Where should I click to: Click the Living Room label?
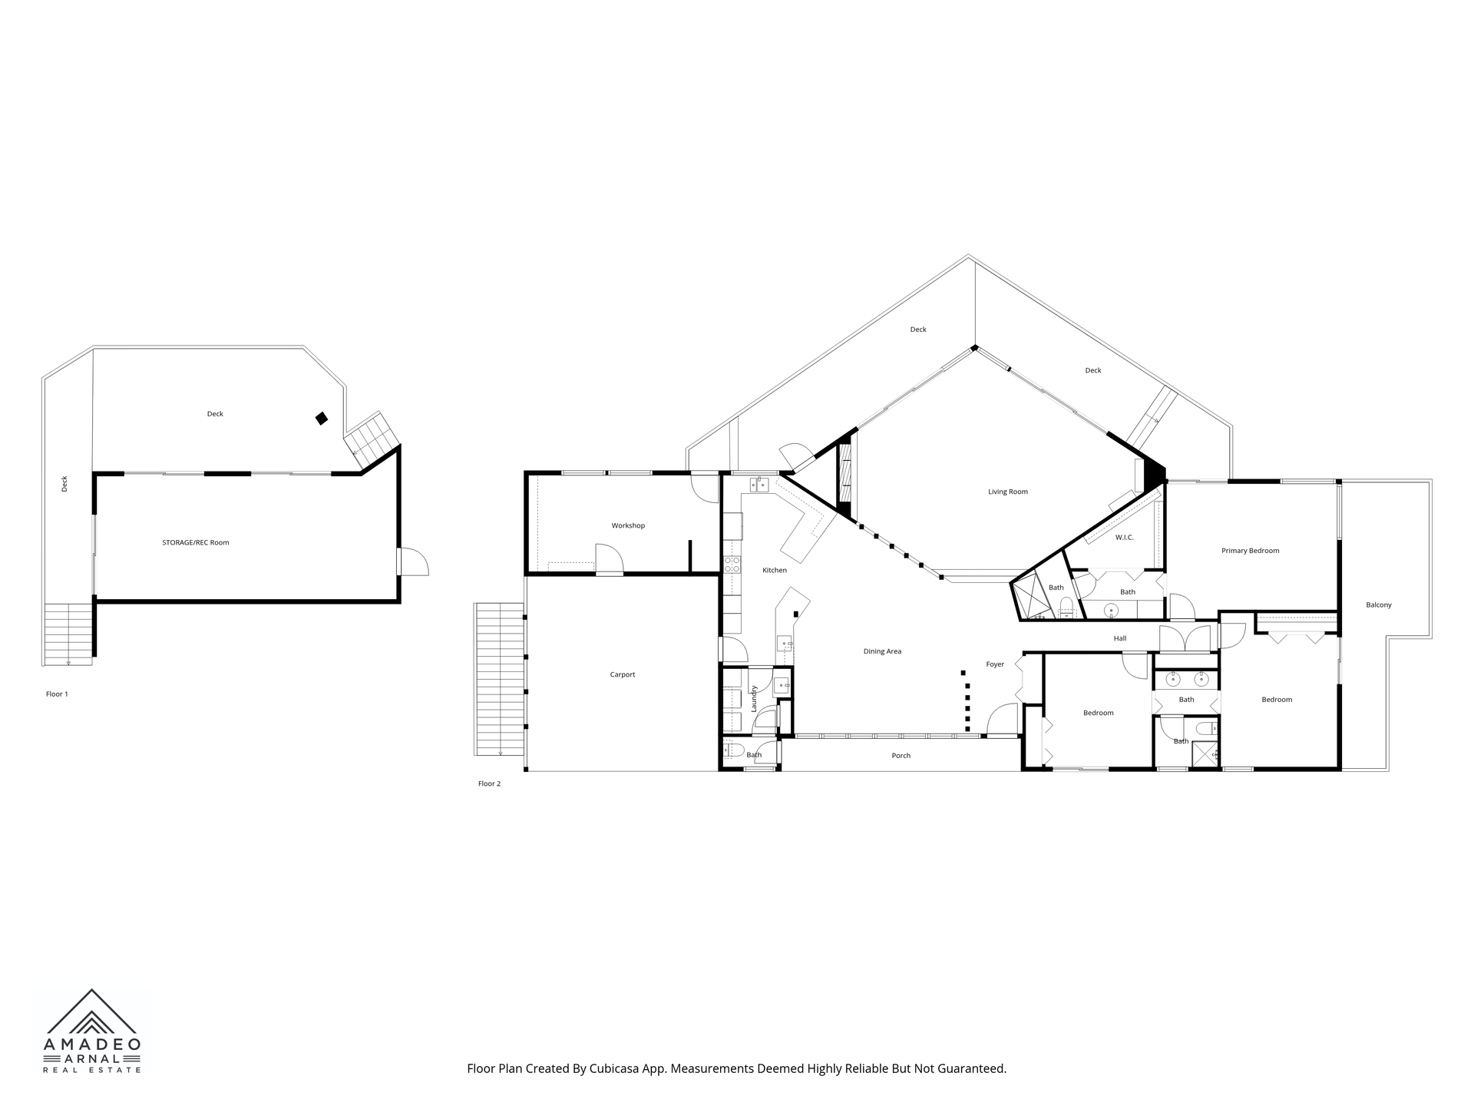pyautogui.click(x=1007, y=492)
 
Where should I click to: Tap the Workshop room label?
pyautogui.click(x=628, y=525)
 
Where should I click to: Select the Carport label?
pyautogui.click(x=623, y=674)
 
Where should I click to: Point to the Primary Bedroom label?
pyautogui.click(x=1250, y=551)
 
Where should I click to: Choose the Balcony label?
pyautogui.click(x=1379, y=605)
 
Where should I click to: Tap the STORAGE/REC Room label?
pyautogui.click(x=195, y=542)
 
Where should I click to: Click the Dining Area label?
pyautogui.click(x=882, y=651)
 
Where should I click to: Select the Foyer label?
pyautogui.click(x=995, y=664)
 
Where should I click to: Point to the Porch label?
pyautogui.click(x=901, y=756)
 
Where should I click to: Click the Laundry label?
pyautogui.click(x=754, y=698)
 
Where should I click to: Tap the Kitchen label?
pyautogui.click(x=775, y=570)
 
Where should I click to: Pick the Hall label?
pyautogui.click(x=1120, y=638)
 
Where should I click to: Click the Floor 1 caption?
pyautogui.click(x=57, y=694)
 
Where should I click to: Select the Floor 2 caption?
pyautogui.click(x=489, y=783)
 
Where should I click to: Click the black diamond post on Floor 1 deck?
pyautogui.click(x=322, y=419)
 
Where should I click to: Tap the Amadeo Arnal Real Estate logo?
pyautogui.click(x=92, y=1031)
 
